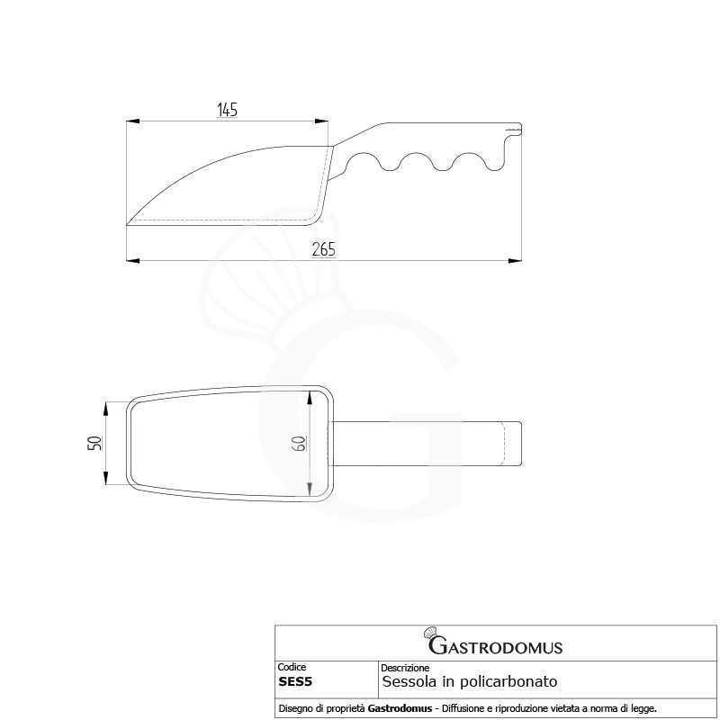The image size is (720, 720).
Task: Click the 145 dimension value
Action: (227, 110)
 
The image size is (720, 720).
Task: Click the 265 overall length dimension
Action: (324, 249)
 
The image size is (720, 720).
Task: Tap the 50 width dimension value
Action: (95, 443)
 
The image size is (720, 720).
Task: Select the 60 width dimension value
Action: (299, 444)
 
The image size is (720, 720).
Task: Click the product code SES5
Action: (295, 682)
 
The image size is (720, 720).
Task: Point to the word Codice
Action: (292, 667)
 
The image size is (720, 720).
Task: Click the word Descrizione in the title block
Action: (405, 668)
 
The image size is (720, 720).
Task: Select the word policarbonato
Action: (508, 682)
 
